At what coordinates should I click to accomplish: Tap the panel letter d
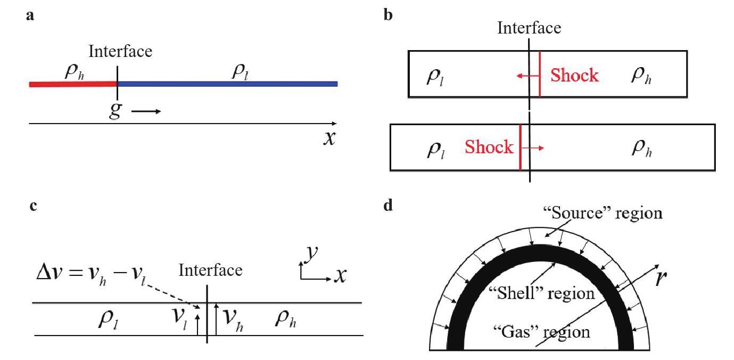388,205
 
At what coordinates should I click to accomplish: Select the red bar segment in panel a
73,84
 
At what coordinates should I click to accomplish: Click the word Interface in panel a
120,51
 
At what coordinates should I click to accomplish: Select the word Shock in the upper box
574,76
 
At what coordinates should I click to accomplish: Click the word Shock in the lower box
489,147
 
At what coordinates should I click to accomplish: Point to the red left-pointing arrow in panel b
527,76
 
